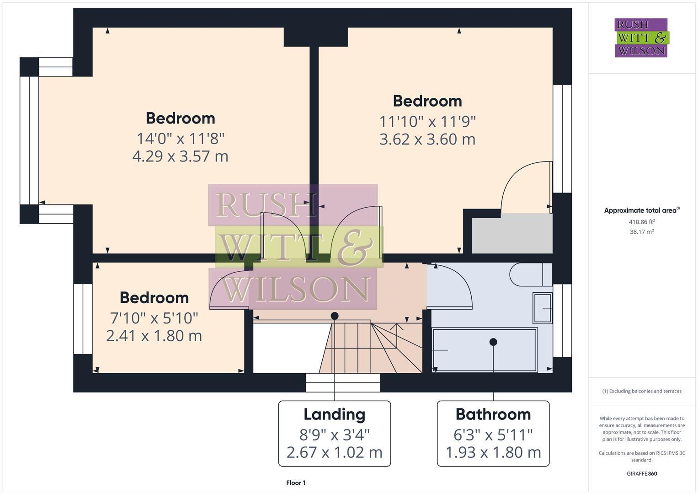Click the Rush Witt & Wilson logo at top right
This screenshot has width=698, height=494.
click(x=641, y=38)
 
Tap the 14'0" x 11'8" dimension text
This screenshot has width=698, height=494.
click(x=180, y=138)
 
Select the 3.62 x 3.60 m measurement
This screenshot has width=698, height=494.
click(x=427, y=139)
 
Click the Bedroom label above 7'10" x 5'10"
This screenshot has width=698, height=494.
click(x=154, y=298)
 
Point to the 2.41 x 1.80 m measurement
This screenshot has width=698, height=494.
click(x=154, y=336)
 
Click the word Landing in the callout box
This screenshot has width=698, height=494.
click(x=335, y=414)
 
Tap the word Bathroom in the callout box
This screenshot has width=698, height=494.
click(x=493, y=414)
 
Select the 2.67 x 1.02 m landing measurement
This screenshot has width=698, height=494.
click(x=335, y=452)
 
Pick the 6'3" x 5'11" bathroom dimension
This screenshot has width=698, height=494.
click(x=493, y=434)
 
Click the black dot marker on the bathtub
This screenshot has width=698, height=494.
click(x=493, y=342)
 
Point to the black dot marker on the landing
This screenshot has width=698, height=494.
click(x=335, y=316)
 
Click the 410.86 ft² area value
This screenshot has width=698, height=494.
click(x=642, y=222)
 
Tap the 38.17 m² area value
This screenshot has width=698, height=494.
click(x=642, y=232)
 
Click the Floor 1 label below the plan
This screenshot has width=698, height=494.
click(x=296, y=483)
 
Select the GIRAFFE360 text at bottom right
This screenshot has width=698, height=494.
click(x=642, y=474)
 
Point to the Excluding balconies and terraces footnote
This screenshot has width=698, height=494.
click(x=642, y=391)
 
